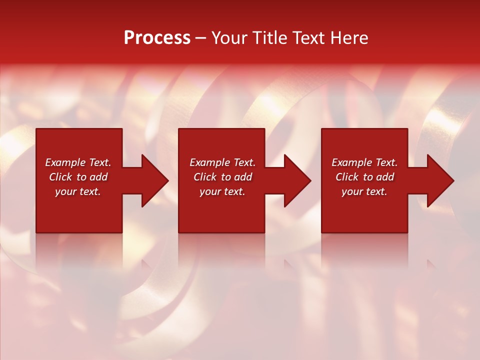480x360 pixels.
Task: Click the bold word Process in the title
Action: pos(157,38)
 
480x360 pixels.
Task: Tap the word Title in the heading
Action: pos(270,38)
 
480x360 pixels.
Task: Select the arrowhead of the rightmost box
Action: pos(439,180)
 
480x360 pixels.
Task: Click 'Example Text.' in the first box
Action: pos(78,162)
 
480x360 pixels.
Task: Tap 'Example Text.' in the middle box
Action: pos(222,162)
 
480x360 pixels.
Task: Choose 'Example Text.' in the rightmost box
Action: pos(364,162)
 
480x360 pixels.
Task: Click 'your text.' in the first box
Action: pos(78,191)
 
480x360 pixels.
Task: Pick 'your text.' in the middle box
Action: pos(222,191)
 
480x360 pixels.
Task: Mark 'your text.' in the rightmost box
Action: pos(364,191)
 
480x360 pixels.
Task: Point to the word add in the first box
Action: pos(98,177)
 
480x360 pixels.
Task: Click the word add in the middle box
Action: pos(243,177)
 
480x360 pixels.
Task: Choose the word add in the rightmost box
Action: pos(385,177)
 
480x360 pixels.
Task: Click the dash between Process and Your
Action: pos(201,38)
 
